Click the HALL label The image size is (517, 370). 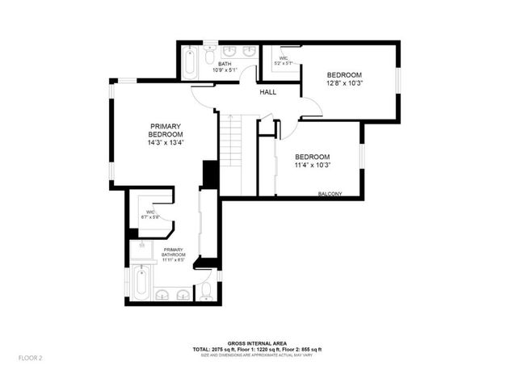coord(268,92)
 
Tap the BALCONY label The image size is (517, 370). coord(330,194)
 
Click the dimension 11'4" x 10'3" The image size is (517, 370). coord(313,166)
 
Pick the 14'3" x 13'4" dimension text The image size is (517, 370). coord(166,144)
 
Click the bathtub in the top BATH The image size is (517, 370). coord(190,63)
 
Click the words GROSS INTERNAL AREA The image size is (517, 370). coord(258,343)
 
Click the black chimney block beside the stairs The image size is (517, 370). coord(210,174)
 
